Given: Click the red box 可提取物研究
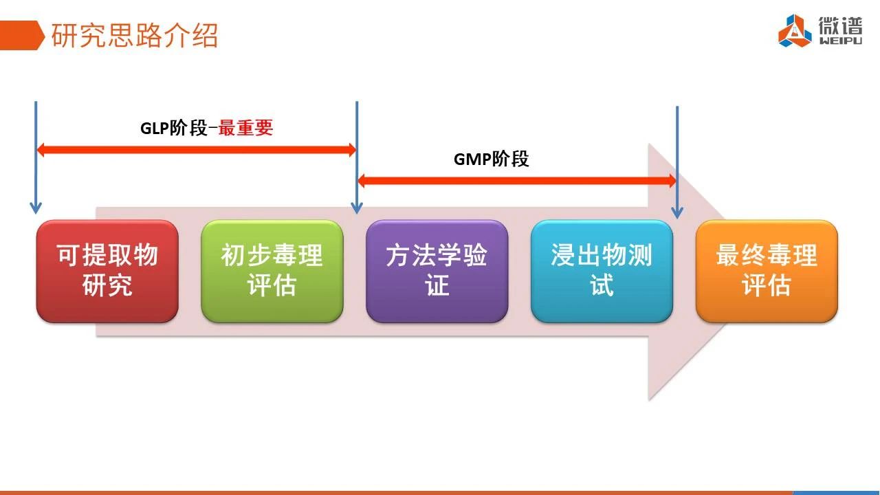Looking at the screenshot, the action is point(107,271).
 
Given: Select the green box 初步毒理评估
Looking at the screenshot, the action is point(272,271).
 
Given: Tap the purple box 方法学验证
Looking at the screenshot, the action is point(437,271).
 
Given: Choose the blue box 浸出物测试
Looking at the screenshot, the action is point(602,271).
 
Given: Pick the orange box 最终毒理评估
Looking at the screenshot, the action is point(767,271).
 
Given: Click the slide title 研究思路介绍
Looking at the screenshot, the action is point(134,35).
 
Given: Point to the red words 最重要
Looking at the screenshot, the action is point(245,128).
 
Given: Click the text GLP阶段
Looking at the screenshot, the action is point(174,128).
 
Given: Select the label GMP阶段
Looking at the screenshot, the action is point(491,159).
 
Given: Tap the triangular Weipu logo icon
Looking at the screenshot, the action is point(795,31).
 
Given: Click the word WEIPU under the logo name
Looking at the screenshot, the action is point(841,41).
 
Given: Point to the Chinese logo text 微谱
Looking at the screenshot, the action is point(841,26).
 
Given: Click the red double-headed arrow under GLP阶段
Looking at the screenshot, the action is point(197,150).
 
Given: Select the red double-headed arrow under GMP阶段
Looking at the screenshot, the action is point(517,181).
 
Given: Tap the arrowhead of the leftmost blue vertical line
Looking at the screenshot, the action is point(36,208).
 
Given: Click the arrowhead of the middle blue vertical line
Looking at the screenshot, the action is point(357,208).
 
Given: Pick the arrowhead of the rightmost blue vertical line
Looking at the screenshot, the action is point(677,213).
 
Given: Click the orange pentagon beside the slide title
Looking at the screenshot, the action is point(21,35).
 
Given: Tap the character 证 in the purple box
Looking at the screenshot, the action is point(437,285).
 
